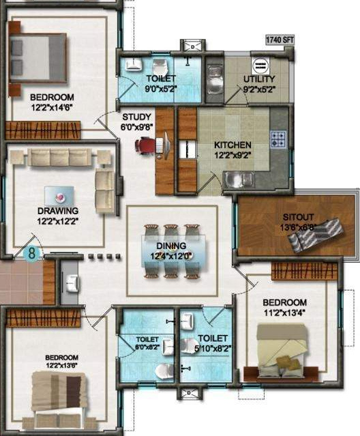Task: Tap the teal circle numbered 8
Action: click(31, 253)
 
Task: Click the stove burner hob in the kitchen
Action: click(278, 139)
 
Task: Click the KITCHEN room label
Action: click(232, 145)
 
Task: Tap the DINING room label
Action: click(172, 247)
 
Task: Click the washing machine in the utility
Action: click(261, 66)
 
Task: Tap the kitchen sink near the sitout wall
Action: click(239, 179)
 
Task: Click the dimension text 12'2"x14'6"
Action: click(42, 107)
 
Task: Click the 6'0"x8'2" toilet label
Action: click(147, 343)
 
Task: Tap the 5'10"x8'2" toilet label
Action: click(213, 343)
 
